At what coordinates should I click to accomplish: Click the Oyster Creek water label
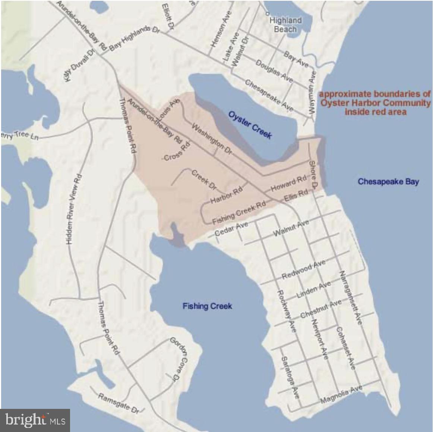click(x=250, y=125)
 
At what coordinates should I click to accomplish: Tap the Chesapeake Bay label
click(x=388, y=182)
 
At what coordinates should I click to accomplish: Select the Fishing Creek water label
click(x=207, y=306)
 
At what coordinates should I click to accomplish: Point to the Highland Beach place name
click(x=285, y=25)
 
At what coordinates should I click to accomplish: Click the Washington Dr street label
click(x=211, y=140)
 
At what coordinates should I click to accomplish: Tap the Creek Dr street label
click(x=204, y=179)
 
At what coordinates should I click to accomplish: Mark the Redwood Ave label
click(x=303, y=270)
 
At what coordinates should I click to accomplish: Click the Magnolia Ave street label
click(x=341, y=395)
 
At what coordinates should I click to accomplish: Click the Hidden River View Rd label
click(x=74, y=210)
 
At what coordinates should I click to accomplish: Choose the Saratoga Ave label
click(x=290, y=377)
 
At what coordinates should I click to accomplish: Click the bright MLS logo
click(x=35, y=420)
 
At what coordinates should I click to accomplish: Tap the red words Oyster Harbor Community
click(x=375, y=103)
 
